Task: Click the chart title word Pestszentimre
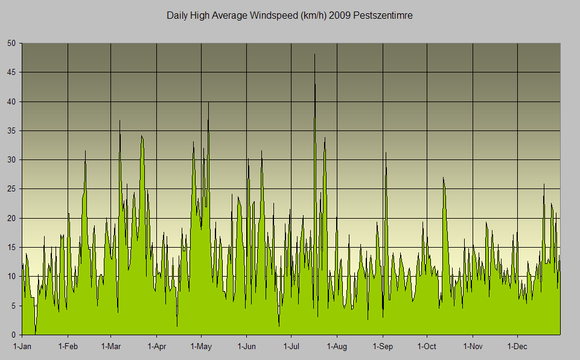[383, 16]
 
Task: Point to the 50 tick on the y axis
[12, 43]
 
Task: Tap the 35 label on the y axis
[12, 130]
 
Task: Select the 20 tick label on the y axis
[12, 218]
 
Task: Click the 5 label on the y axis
[14, 306]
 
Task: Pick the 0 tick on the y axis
[14, 335]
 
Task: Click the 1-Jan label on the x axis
[22, 347]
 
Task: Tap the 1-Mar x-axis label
[111, 347]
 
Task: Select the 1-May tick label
[201, 347]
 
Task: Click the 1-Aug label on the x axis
[336, 347]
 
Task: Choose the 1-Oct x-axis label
[427, 347]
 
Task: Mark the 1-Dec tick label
[517, 347]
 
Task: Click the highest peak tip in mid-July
[314, 54]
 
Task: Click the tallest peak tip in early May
[208, 103]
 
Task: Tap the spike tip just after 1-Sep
[386, 153]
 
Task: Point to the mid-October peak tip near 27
[443, 178]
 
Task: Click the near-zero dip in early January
[36, 332]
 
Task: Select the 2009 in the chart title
[343, 16]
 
